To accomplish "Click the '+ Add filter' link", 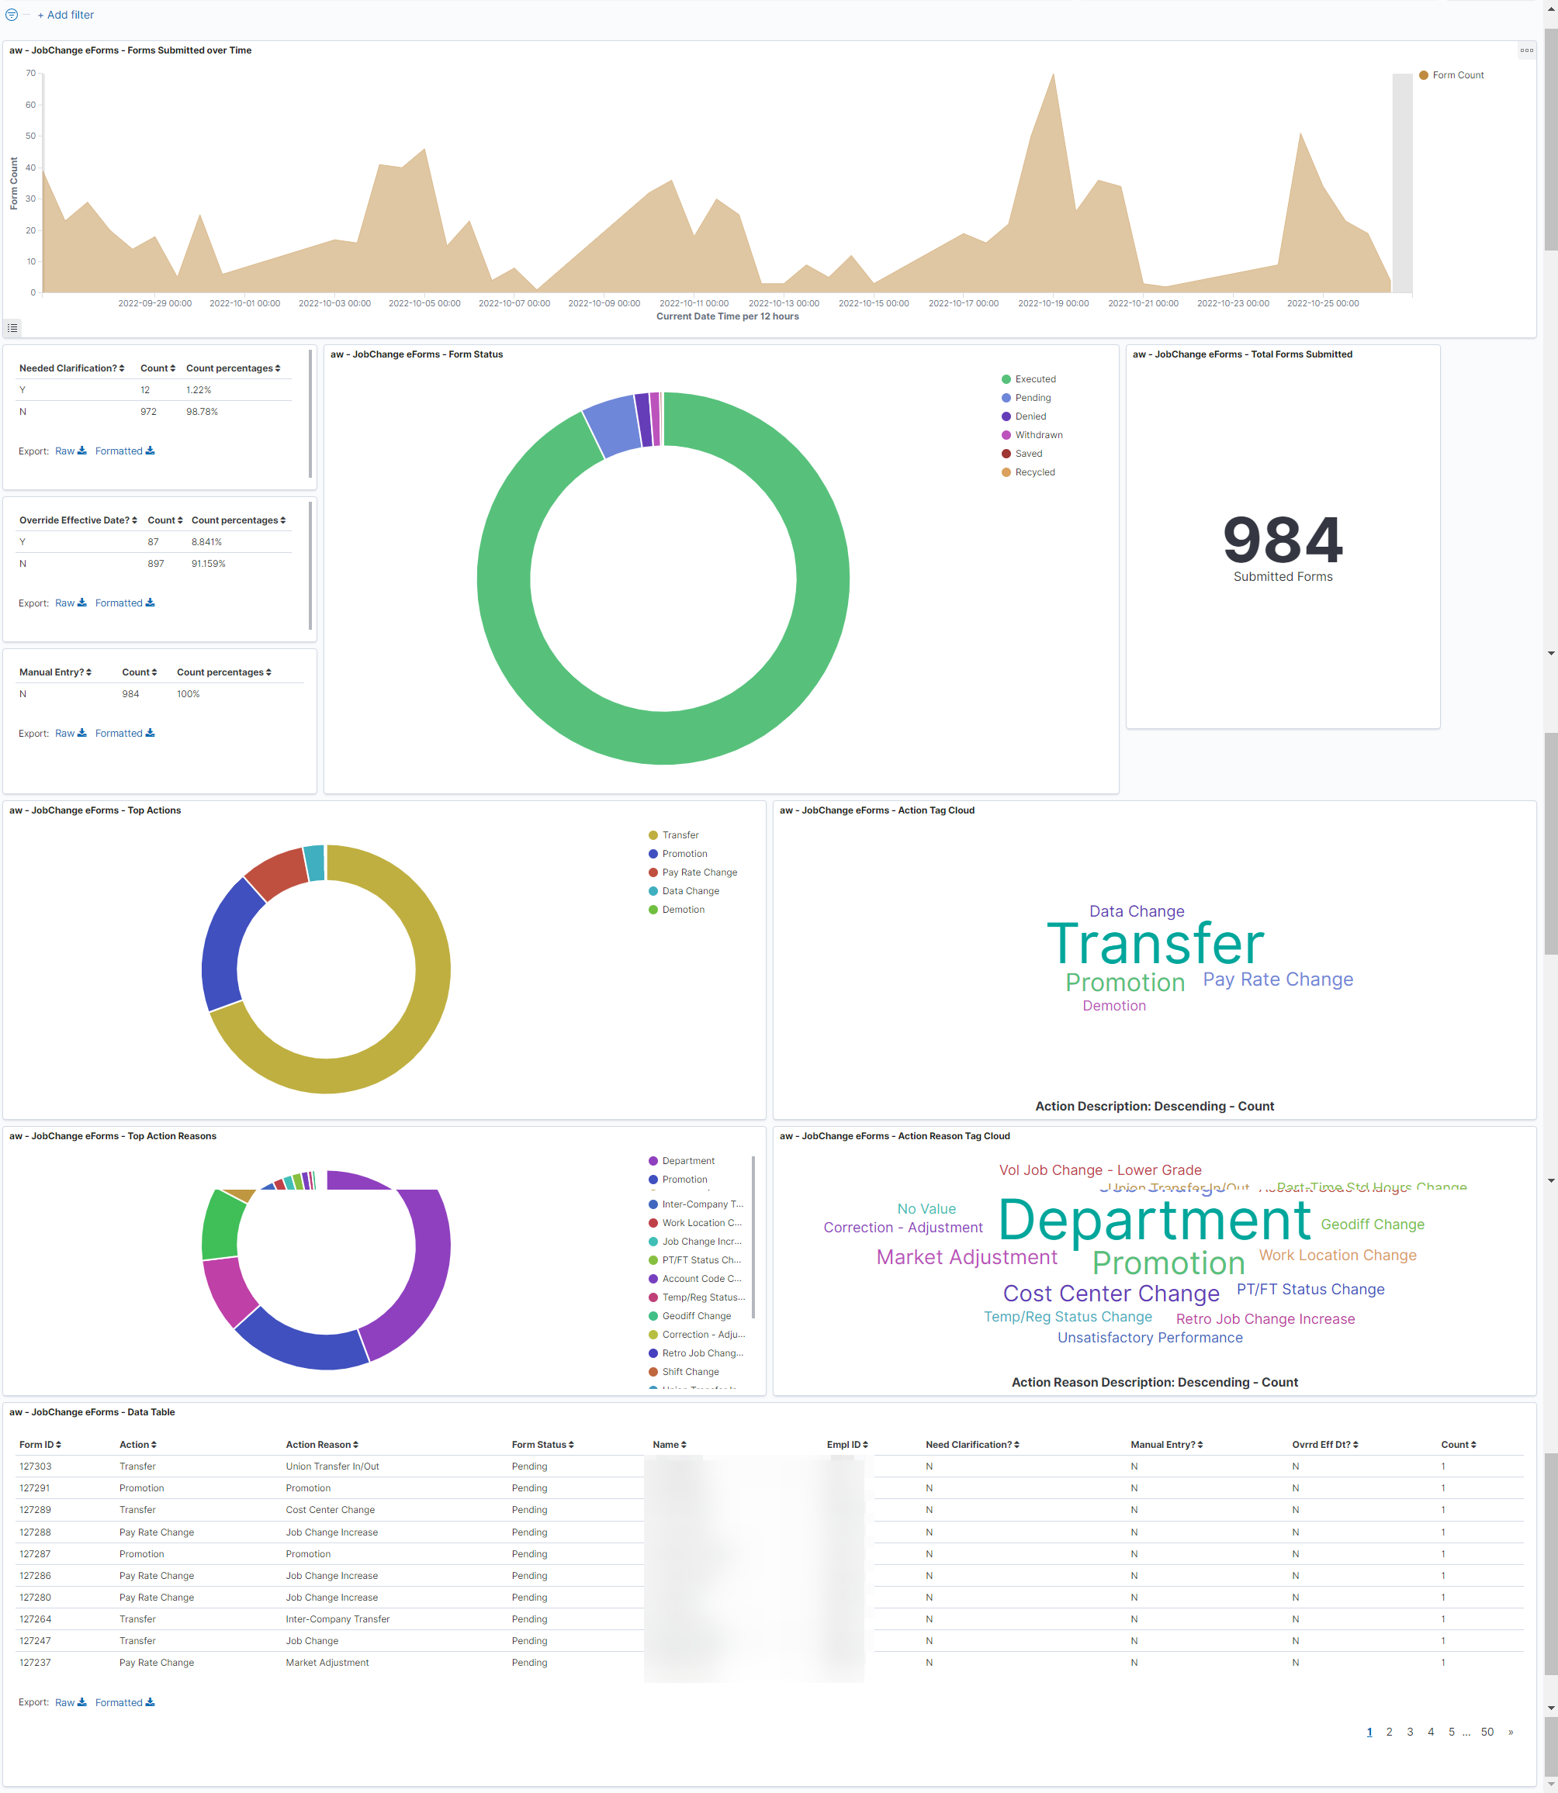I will coord(65,15).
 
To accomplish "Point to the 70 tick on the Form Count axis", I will coord(30,73).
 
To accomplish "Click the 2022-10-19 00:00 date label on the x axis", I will coord(1053,303).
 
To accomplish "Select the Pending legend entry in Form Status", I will coord(1032,398).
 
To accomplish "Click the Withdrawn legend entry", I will coord(1038,435).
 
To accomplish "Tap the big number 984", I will coord(1283,540).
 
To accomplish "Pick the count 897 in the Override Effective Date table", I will coord(156,564).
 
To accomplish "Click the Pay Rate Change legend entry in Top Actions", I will coord(699,872).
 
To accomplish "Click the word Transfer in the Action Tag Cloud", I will coord(1155,944).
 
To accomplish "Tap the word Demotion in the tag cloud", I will coord(1113,1006).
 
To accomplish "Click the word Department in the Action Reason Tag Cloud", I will coord(1154,1219).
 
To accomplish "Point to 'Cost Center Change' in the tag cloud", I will coord(1110,1294).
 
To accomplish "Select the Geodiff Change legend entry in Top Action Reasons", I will coord(695,1316).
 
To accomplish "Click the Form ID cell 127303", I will coord(36,1467).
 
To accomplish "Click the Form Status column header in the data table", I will coord(542,1445).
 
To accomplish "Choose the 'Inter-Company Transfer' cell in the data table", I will coord(338,1619).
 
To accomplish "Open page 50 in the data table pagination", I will coord(1487,1733).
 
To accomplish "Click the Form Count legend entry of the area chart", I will coord(1457,76).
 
